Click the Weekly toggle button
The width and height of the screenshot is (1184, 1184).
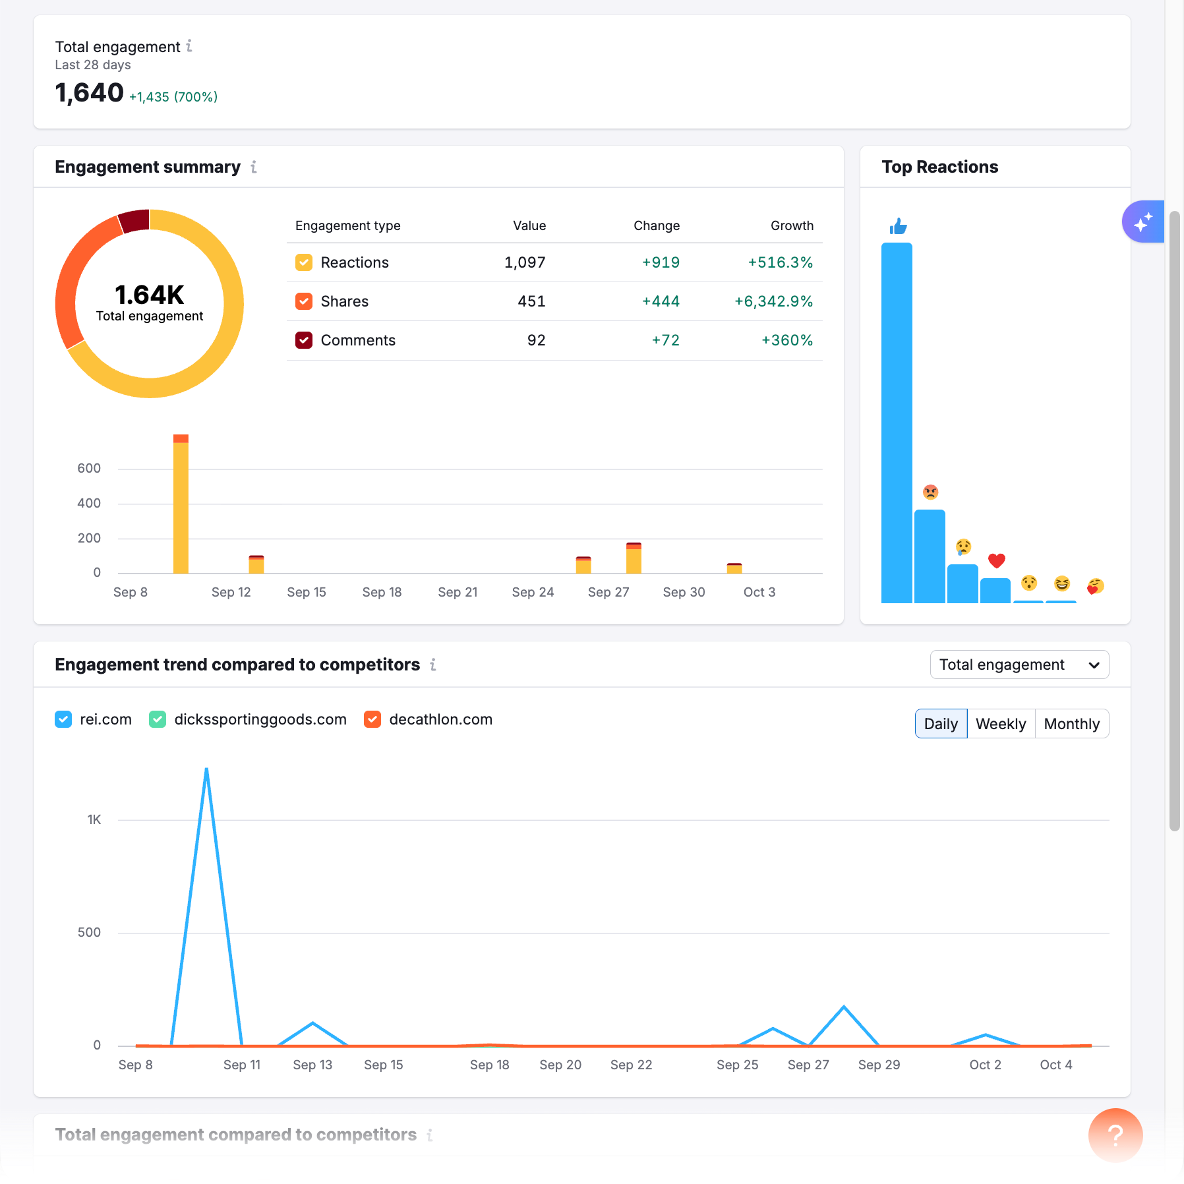pyautogui.click(x=1001, y=724)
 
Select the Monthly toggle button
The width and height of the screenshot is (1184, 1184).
pyautogui.click(x=1071, y=724)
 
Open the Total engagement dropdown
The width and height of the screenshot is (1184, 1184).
pyautogui.click(x=1019, y=665)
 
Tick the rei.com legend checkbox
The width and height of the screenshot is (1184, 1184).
pyautogui.click(x=63, y=719)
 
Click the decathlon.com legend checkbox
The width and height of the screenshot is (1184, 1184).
pyautogui.click(x=372, y=719)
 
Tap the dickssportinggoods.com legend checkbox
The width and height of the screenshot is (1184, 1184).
pyautogui.click(x=158, y=719)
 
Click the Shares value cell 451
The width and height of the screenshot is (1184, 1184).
pyautogui.click(x=531, y=301)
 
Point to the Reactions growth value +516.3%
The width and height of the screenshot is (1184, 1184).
pyautogui.click(x=780, y=262)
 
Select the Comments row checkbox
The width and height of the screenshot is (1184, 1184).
pyautogui.click(x=304, y=340)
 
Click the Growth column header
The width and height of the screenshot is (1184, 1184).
pyautogui.click(x=792, y=225)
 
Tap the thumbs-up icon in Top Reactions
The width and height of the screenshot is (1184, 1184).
pyautogui.click(x=898, y=227)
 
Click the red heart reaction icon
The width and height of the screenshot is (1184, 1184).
pyautogui.click(x=996, y=560)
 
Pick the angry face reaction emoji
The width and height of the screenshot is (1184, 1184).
pyautogui.click(x=930, y=492)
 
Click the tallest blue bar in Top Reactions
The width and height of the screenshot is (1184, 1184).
pyautogui.click(x=897, y=422)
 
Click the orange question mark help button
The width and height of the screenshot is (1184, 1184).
pyautogui.click(x=1115, y=1135)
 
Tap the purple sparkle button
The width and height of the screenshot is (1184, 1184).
pyautogui.click(x=1143, y=222)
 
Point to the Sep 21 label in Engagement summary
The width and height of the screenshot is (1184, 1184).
pyautogui.click(x=458, y=592)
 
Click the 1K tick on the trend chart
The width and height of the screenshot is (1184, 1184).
pyautogui.click(x=94, y=819)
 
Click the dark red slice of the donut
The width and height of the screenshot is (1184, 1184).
pyautogui.click(x=135, y=222)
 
